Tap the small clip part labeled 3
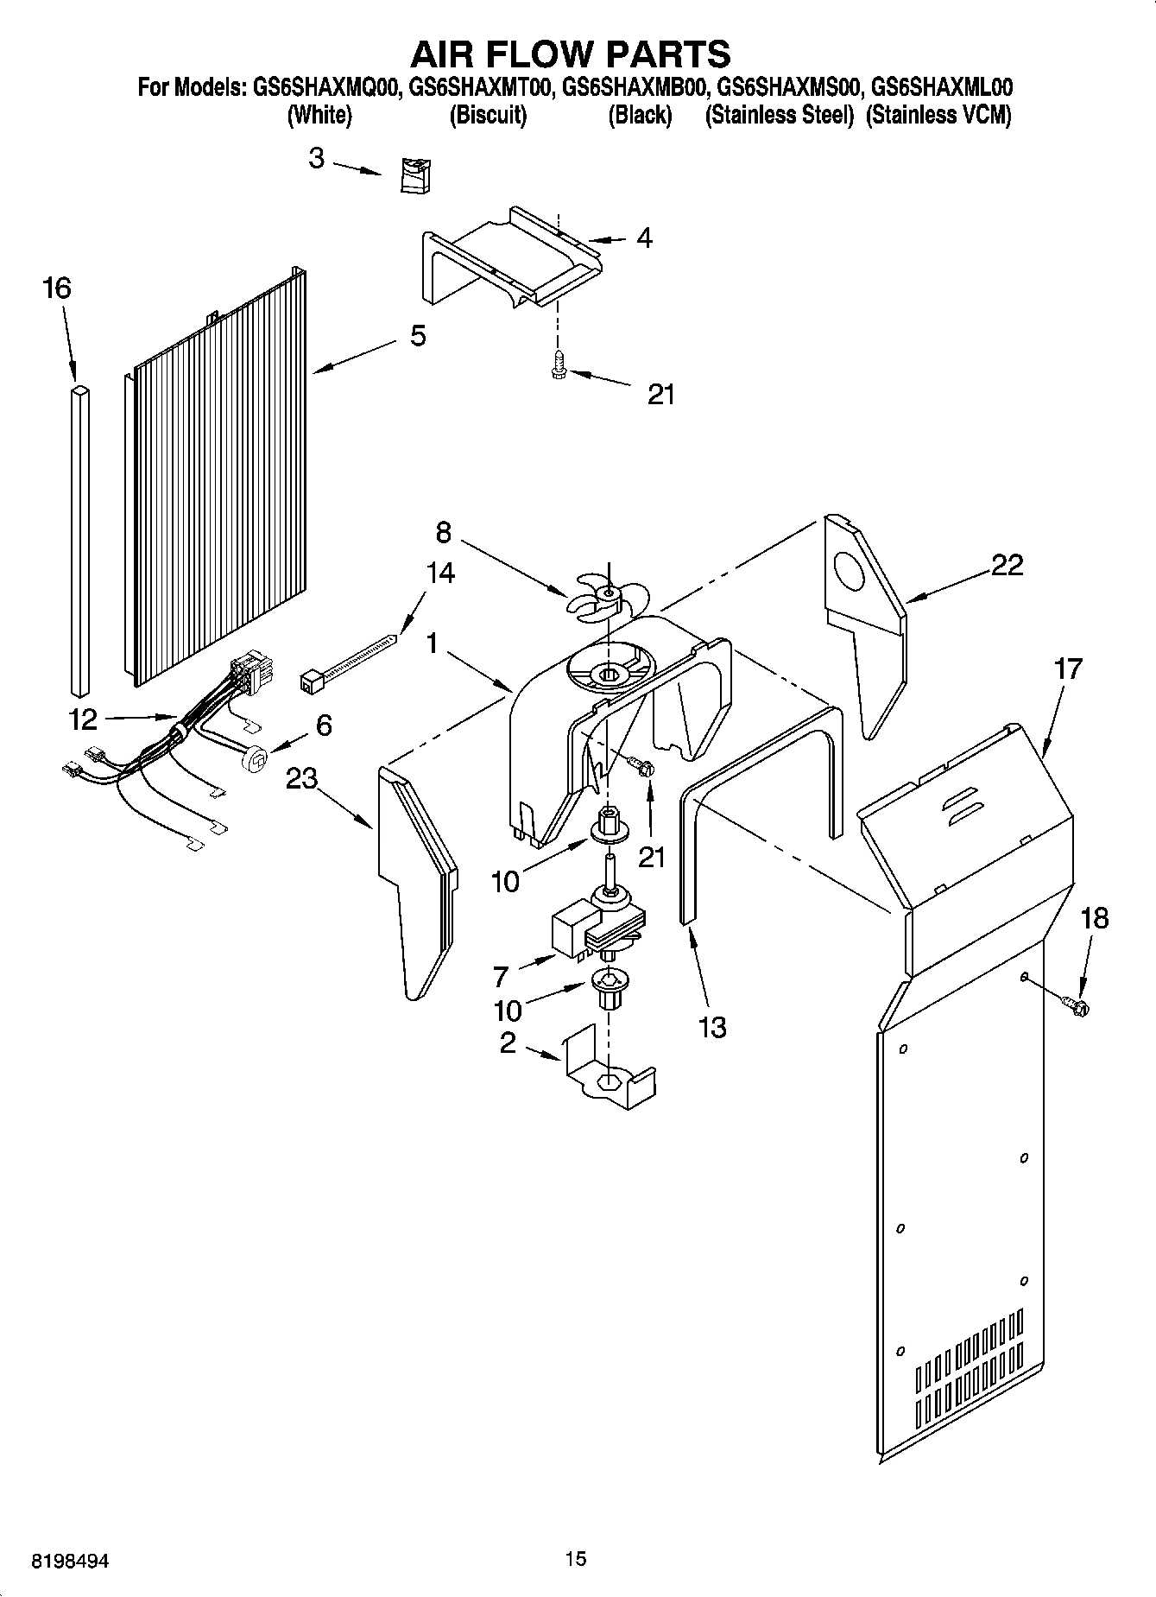pyautogui.click(x=417, y=176)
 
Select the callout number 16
pyautogui.click(x=57, y=288)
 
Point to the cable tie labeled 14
pyautogui.click(x=349, y=662)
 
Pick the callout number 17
pyautogui.click(x=1068, y=669)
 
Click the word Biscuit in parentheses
pyautogui.click(x=488, y=115)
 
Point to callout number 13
pyautogui.click(x=711, y=1027)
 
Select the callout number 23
pyautogui.click(x=301, y=778)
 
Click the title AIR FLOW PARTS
pyautogui.click(x=570, y=54)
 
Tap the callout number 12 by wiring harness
pyautogui.click(x=83, y=719)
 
